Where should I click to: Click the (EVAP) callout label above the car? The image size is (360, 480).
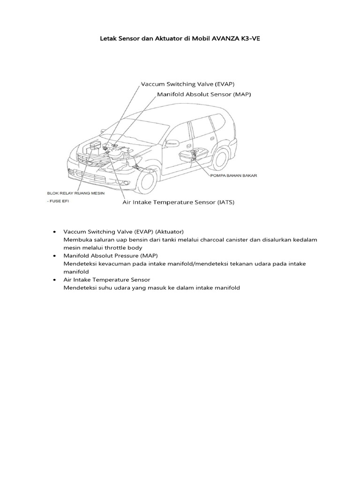pos(225,84)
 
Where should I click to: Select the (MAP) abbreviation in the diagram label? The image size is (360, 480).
pos(241,94)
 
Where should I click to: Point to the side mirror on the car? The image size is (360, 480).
pos(172,143)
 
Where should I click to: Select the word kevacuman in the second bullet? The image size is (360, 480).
pos(109,264)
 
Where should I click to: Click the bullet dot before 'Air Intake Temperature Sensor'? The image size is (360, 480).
pos(55,280)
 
